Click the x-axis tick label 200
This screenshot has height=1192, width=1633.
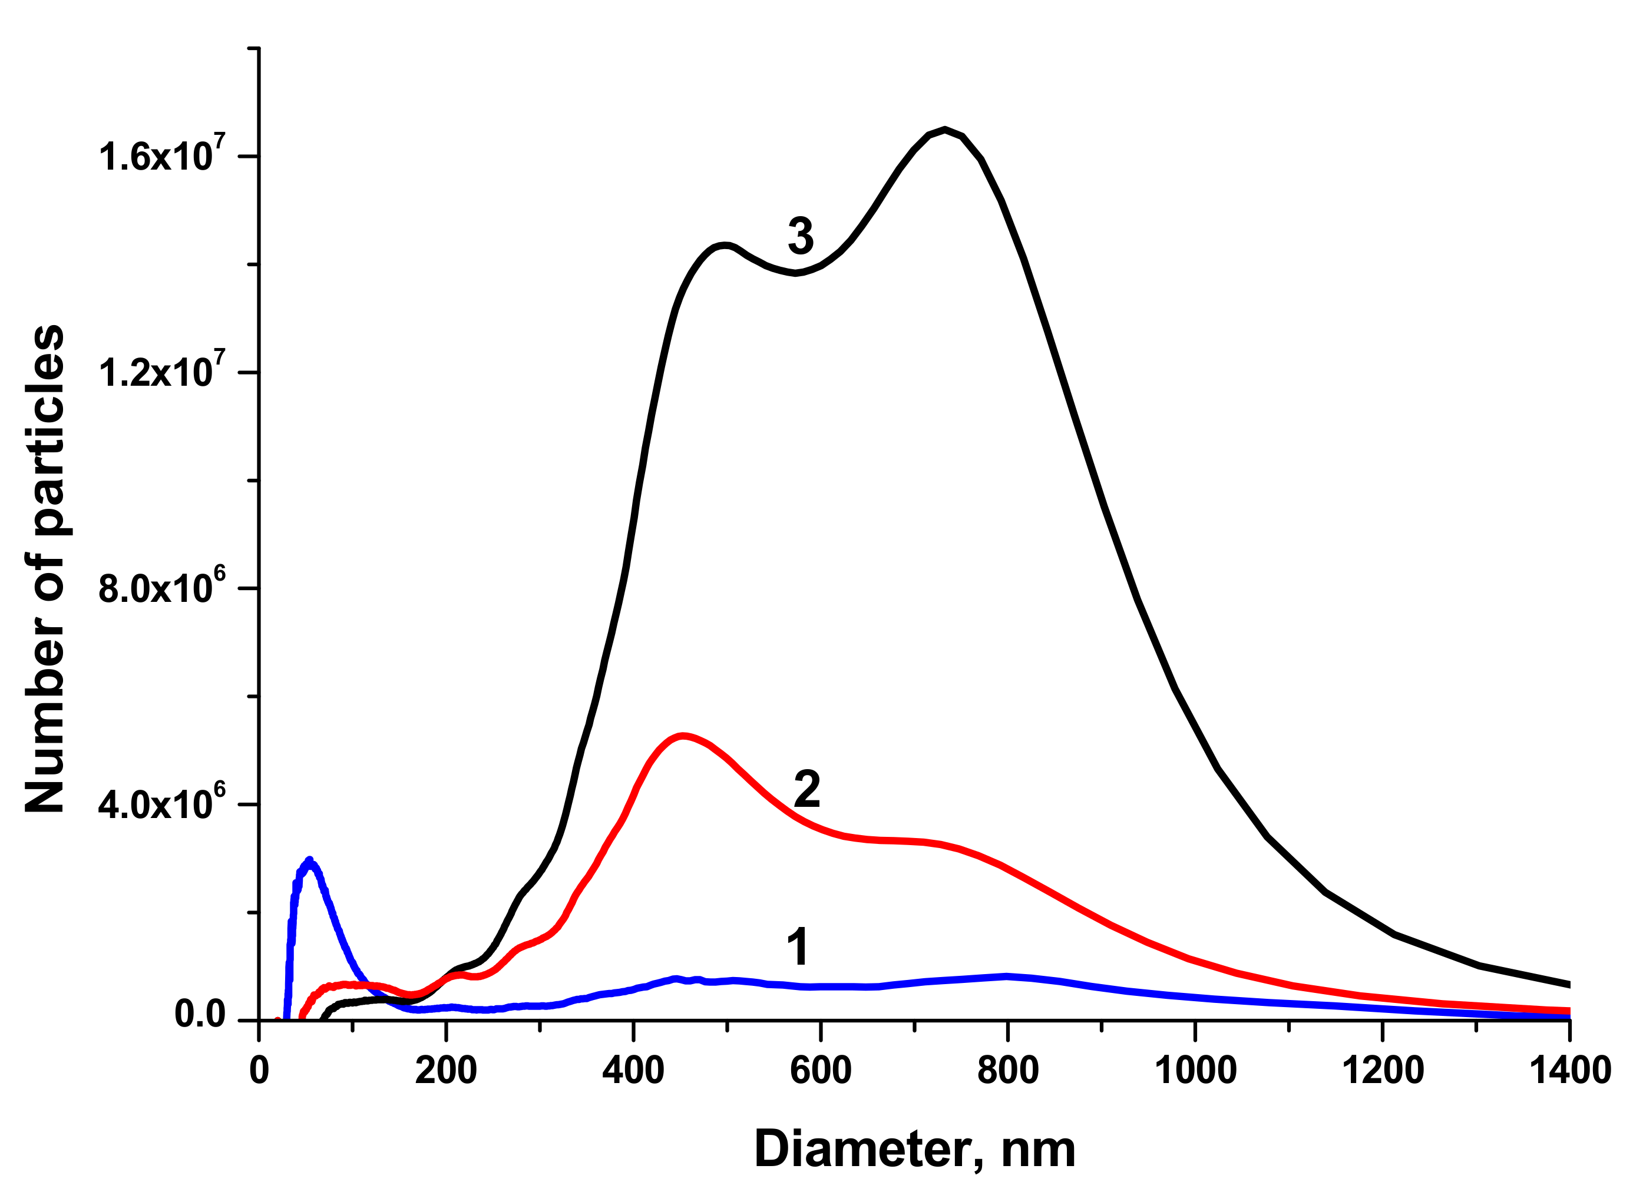(x=445, y=1071)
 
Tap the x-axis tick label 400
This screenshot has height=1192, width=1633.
(x=633, y=1071)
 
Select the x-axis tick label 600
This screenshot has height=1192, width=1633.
(x=821, y=1071)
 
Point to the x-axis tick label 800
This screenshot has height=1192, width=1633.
(x=1007, y=1071)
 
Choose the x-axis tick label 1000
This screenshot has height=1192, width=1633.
(x=1195, y=1071)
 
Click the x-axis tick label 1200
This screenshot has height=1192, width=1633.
(x=1383, y=1071)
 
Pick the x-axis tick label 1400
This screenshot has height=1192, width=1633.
(x=1569, y=1071)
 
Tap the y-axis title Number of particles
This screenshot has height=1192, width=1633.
(x=45, y=568)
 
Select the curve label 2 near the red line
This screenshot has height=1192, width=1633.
(x=806, y=789)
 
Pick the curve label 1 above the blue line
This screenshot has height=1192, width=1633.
(x=798, y=946)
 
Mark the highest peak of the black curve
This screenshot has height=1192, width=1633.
(x=944, y=130)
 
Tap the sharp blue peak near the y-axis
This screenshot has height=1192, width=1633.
(x=309, y=861)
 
